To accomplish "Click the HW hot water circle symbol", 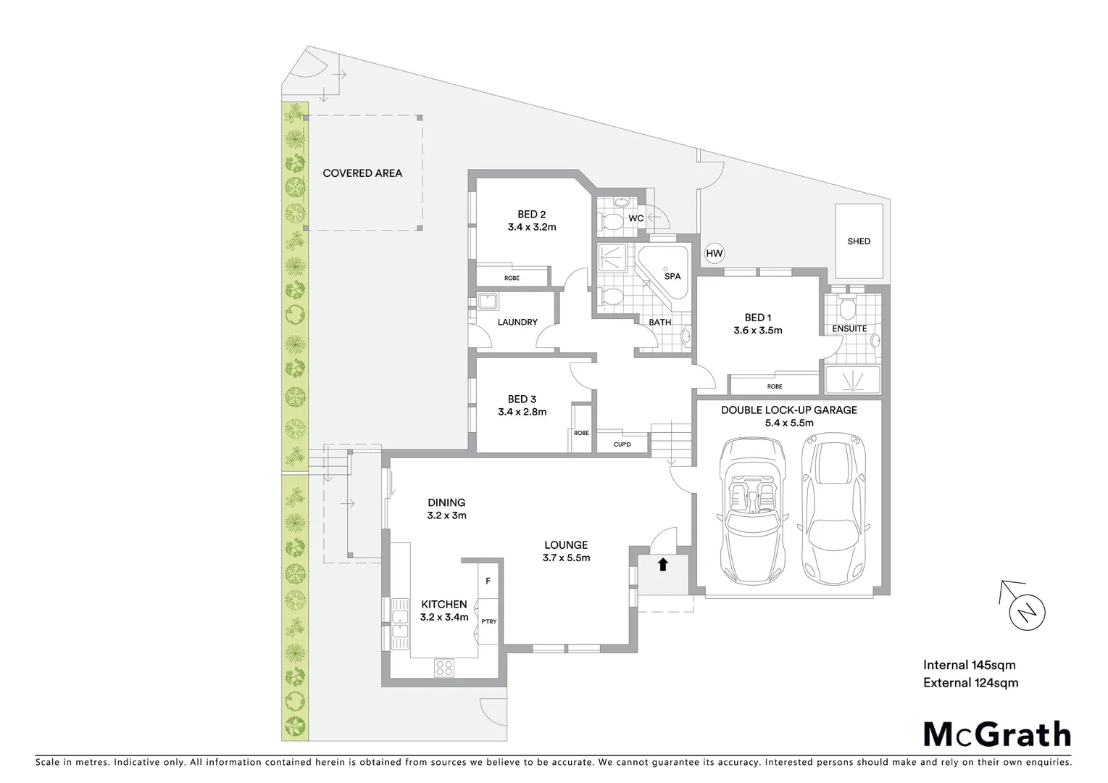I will click(715, 254).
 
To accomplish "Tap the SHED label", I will click(859, 241).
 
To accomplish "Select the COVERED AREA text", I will click(362, 173).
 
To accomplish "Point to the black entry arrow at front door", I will click(662, 564).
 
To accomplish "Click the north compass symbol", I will click(1027, 612).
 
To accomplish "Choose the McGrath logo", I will click(996, 734).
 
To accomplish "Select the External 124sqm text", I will click(970, 682).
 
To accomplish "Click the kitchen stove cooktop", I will click(444, 668).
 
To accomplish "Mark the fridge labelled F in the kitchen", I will click(488, 581).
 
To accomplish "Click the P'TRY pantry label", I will click(488, 621).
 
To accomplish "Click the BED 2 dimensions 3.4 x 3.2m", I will click(531, 227).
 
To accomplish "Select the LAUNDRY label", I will click(517, 322).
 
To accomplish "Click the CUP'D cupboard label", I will click(621, 444).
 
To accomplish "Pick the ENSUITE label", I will click(849, 328).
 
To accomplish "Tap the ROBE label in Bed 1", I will click(774, 386).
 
